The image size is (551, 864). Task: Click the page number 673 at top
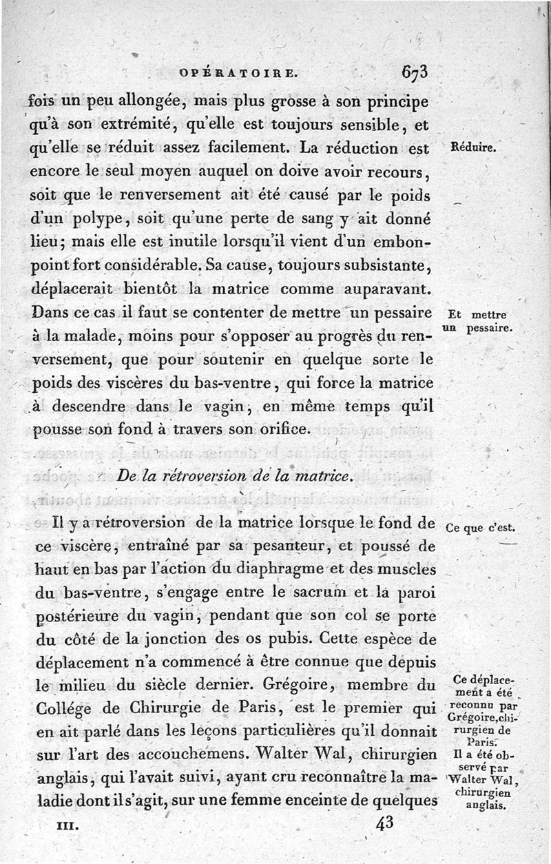click(413, 72)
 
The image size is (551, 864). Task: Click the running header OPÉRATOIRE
click(238, 72)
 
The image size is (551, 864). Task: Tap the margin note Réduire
click(474, 148)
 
